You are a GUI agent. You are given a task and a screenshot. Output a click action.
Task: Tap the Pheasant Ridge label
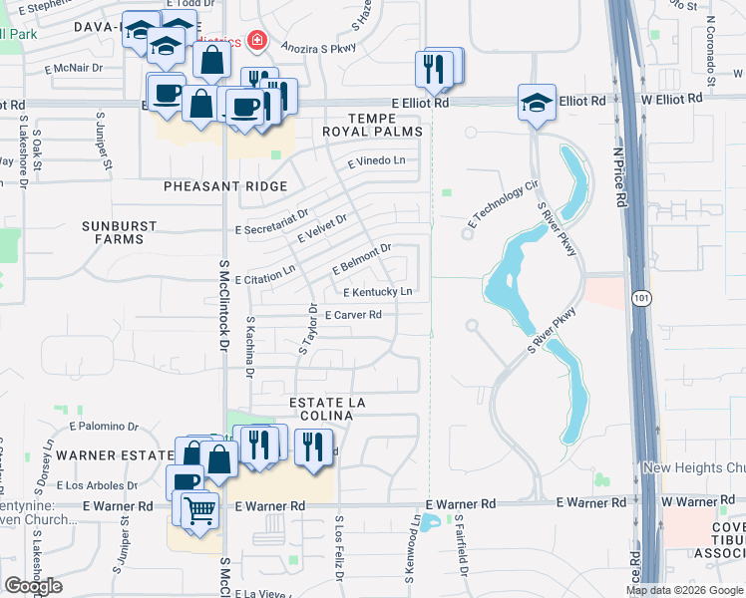pyautogui.click(x=226, y=186)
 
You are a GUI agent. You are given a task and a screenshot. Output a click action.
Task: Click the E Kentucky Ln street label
pyautogui.click(x=377, y=292)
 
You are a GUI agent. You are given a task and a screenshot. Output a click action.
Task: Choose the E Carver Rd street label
pyautogui.click(x=353, y=315)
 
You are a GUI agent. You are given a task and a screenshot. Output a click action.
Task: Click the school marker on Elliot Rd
pyautogui.click(x=537, y=103)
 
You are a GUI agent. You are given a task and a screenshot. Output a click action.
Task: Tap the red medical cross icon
pyautogui.click(x=258, y=41)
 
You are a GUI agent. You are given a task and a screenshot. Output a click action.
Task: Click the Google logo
pyautogui.click(x=33, y=586)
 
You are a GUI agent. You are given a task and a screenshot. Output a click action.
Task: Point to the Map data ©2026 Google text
pyautogui.click(x=684, y=590)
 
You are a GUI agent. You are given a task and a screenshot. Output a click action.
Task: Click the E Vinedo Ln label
pyautogui.click(x=376, y=160)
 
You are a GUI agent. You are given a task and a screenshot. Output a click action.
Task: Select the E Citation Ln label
pyautogui.click(x=265, y=270)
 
